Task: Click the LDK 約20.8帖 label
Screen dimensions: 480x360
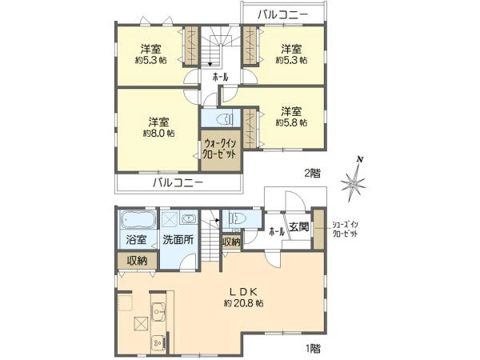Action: pyautogui.click(x=244, y=297)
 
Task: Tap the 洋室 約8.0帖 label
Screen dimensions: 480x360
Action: pyautogui.click(x=159, y=127)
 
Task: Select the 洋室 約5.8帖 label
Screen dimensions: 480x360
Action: pyautogui.click(x=291, y=117)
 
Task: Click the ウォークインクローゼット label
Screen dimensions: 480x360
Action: pyautogui.click(x=220, y=149)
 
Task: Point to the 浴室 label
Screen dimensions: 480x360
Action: pyautogui.click(x=136, y=239)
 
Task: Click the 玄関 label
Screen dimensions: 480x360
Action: pyautogui.click(x=298, y=227)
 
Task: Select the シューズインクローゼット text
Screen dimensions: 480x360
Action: pyautogui.click(x=346, y=230)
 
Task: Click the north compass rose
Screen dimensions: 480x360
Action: pyautogui.click(x=354, y=182)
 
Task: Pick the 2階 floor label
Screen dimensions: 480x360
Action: pyautogui.click(x=313, y=174)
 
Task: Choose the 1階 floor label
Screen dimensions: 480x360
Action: pyautogui.click(x=313, y=348)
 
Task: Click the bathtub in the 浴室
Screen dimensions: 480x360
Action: pyautogui.click(x=138, y=219)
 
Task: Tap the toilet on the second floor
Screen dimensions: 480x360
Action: pyautogui.click(x=226, y=118)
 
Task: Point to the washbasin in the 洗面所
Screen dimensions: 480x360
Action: pyautogui.click(x=188, y=218)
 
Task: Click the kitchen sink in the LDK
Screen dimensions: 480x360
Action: pyautogui.click(x=158, y=312)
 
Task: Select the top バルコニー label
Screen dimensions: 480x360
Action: pyautogui.click(x=282, y=14)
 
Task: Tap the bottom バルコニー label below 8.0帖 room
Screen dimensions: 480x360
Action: pyautogui.click(x=178, y=183)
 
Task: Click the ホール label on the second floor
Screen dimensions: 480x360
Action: pyautogui.click(x=221, y=78)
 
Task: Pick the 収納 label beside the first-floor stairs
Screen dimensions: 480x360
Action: pyautogui.click(x=231, y=242)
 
